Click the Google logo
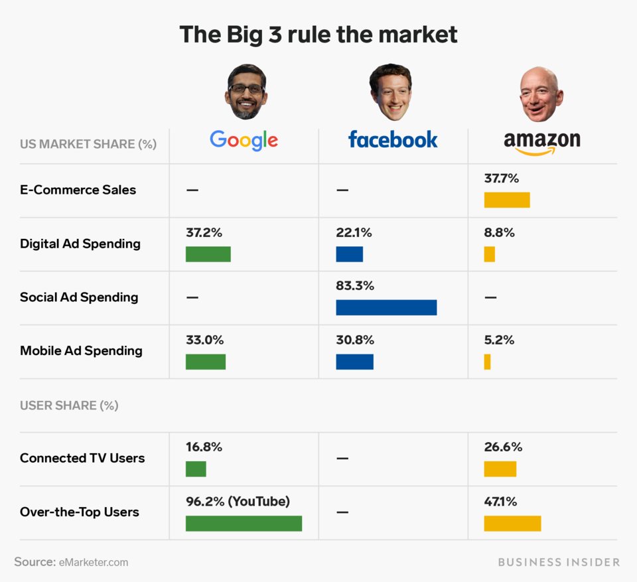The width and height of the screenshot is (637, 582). point(244,140)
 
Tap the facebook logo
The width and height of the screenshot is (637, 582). point(393,139)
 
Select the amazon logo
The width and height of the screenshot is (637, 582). point(541,142)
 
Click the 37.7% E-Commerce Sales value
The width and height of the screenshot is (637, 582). point(502,179)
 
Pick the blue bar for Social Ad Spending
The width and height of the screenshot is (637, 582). point(386,307)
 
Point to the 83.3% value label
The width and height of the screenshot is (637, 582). point(355,286)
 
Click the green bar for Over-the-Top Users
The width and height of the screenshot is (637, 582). point(244,523)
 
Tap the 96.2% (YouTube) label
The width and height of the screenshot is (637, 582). point(238,502)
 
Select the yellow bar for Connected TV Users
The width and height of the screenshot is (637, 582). point(500,469)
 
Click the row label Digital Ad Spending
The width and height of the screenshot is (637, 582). point(80,244)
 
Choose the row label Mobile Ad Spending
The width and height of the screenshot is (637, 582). point(81,350)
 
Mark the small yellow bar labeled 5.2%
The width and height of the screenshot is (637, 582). point(487,362)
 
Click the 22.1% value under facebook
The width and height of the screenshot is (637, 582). point(354,233)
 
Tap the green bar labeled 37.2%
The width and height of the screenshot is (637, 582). point(208,254)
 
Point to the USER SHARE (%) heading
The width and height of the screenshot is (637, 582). point(69,405)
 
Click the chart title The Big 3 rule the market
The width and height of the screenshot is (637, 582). point(318,35)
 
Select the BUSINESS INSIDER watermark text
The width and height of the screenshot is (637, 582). point(559,562)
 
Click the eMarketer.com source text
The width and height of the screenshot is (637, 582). point(93,562)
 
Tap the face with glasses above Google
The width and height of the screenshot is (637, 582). point(246,92)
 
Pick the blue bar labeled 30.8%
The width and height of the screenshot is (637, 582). point(354,362)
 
